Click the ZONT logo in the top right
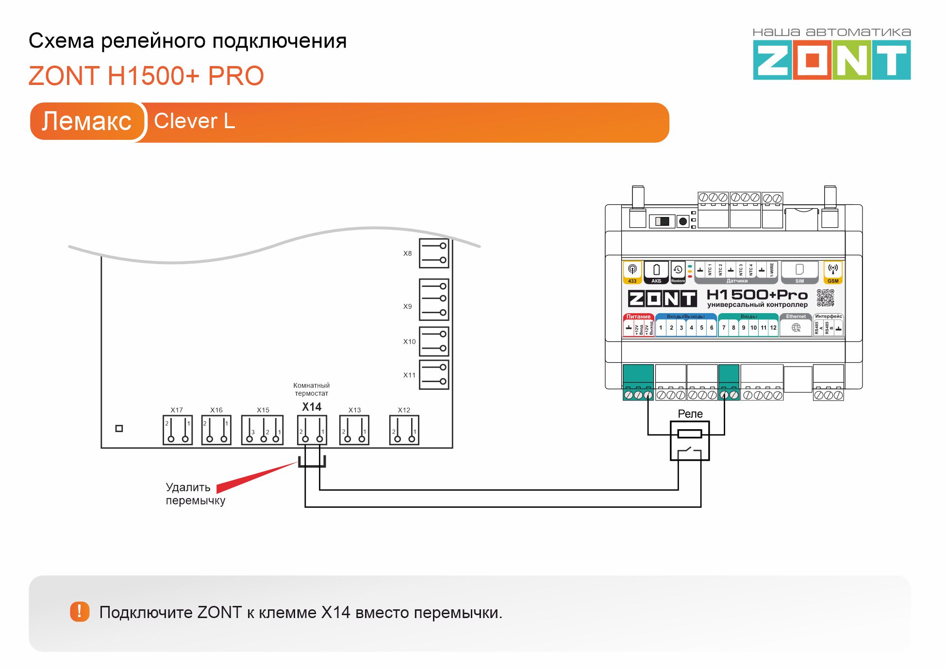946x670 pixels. pos(831,60)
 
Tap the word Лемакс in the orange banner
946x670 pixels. pos(86,121)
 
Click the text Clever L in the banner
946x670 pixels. pos(194,121)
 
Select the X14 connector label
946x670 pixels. pos(312,407)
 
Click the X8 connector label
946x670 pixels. pos(407,253)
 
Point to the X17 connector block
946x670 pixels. pos(178,430)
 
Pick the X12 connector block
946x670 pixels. pos(404,430)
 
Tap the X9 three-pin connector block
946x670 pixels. pos(434,299)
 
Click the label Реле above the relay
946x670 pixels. pos(690,414)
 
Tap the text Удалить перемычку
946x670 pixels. pos(195,494)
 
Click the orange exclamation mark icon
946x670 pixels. pos(80,611)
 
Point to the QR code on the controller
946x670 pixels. pos(825,298)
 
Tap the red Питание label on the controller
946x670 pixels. pos(638,317)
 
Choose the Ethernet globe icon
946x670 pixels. pos(796,328)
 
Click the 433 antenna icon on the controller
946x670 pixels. pos(632,272)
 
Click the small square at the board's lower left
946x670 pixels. pos(119,428)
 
